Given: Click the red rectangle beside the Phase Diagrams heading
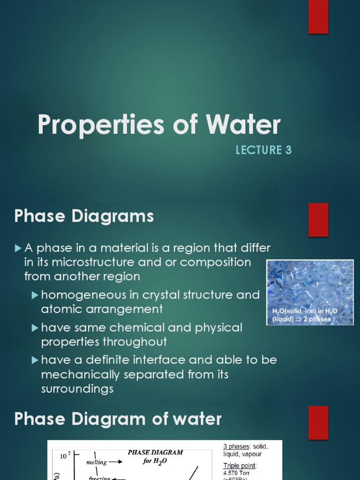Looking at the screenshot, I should tap(318, 219).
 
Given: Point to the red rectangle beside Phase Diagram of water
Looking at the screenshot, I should tap(318, 422).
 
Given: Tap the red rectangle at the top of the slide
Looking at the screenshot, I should tap(318, 17).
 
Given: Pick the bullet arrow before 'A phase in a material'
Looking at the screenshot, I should tap(18, 247).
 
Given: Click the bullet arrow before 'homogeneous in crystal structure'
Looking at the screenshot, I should tap(35, 295).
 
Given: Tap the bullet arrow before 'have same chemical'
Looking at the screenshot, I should tap(35, 328).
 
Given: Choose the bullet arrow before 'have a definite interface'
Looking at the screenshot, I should tap(35, 360).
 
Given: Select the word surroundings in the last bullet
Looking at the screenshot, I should tap(77, 389).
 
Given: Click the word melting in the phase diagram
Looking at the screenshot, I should tap(97, 462).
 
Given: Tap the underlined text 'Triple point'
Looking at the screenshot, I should tap(240, 466).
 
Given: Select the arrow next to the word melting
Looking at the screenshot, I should tap(117, 462).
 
